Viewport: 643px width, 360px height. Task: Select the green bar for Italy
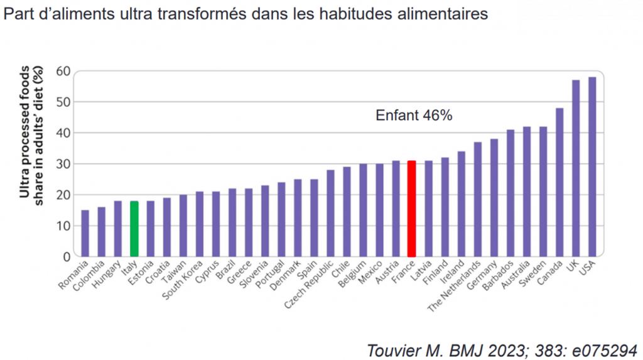point(134,229)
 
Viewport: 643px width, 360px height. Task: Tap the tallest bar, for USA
point(592,166)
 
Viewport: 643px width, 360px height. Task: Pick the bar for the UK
point(575,168)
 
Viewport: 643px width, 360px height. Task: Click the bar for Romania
point(85,233)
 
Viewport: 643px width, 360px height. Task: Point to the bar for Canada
point(559,182)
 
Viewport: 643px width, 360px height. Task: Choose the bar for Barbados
point(510,193)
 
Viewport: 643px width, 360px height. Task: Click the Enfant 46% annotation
point(414,116)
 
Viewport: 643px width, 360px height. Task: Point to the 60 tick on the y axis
point(62,71)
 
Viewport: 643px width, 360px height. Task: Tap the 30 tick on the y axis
point(62,164)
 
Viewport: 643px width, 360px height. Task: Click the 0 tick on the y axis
point(66,256)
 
